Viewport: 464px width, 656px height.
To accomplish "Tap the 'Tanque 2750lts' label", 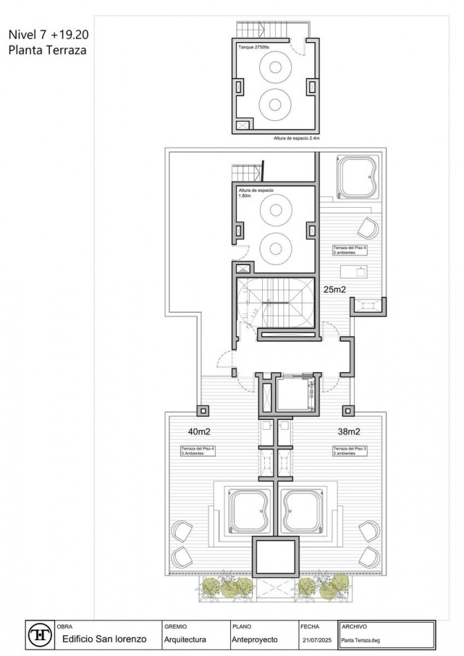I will pos(253,46).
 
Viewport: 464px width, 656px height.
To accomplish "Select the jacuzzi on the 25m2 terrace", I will pos(357,177).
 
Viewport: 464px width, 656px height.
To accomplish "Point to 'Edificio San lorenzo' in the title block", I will pos(104,639).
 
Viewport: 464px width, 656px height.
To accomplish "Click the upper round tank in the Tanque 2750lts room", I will pos(274,69).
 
